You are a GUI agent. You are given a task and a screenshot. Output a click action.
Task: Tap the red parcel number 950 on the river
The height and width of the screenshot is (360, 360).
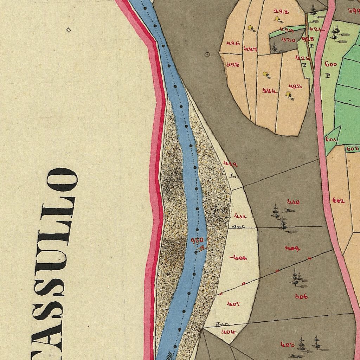(x=197, y=240)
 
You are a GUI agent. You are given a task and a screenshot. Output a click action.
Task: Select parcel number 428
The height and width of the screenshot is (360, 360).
(x=281, y=12)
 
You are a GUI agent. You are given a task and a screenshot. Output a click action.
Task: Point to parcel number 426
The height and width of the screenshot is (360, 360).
(x=233, y=43)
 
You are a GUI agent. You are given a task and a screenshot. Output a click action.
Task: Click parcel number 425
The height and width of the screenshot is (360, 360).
(x=233, y=65)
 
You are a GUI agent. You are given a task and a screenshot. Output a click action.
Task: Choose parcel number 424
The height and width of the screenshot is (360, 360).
(x=269, y=91)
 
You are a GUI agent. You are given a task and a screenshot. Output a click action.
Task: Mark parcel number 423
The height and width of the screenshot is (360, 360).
(x=295, y=86)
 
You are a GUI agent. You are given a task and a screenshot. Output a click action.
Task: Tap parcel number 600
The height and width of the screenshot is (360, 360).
(x=331, y=64)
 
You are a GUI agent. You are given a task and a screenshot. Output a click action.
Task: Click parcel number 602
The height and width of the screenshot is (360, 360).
(x=338, y=201)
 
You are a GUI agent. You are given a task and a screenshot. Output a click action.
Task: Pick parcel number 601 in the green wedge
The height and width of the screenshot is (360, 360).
(x=331, y=140)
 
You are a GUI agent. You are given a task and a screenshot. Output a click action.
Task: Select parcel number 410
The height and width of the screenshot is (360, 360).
(x=293, y=202)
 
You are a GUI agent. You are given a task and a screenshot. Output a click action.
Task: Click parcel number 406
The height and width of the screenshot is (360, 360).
(x=301, y=296)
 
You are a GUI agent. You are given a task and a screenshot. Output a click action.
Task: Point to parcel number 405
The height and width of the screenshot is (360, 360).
(x=287, y=345)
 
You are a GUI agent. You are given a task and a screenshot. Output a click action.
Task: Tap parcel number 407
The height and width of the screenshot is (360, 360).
(x=233, y=304)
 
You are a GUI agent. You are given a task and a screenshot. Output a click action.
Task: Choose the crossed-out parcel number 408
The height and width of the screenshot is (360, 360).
(x=239, y=258)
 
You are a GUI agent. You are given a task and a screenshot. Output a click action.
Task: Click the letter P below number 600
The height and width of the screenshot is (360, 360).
(x=328, y=75)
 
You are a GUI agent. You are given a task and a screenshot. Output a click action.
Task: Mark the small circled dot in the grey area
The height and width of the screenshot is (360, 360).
(x=207, y=54)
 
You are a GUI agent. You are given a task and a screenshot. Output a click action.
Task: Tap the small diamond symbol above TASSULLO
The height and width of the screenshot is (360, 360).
(x=69, y=30)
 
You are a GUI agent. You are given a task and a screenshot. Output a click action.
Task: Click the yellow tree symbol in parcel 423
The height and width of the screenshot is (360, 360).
(x=289, y=95)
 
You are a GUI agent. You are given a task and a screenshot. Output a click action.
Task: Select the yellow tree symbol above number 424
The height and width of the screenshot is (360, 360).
(x=266, y=75)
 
